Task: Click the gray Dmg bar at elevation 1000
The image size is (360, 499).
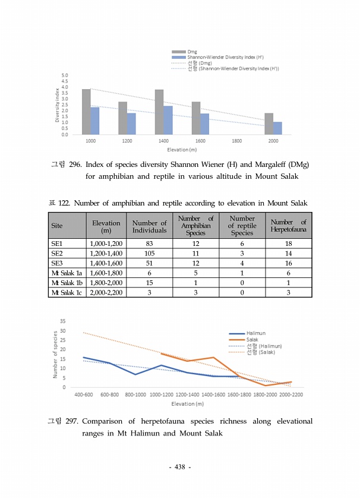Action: point(86,112)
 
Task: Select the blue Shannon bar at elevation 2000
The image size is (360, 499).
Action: point(277,128)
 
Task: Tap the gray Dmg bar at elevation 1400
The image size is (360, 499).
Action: point(159,112)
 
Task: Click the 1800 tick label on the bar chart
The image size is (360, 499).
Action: point(236,141)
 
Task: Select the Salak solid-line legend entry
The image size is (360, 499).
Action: point(252,340)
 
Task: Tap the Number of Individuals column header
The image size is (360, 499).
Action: point(149,226)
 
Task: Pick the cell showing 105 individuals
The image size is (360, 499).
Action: point(149,252)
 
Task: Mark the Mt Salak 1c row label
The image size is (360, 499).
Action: point(67,292)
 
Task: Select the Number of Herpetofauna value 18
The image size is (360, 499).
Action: point(288,244)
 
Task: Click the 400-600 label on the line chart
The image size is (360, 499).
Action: point(83,395)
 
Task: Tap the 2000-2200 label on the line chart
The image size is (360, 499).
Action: point(291,395)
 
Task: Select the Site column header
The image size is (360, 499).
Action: point(57,226)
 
